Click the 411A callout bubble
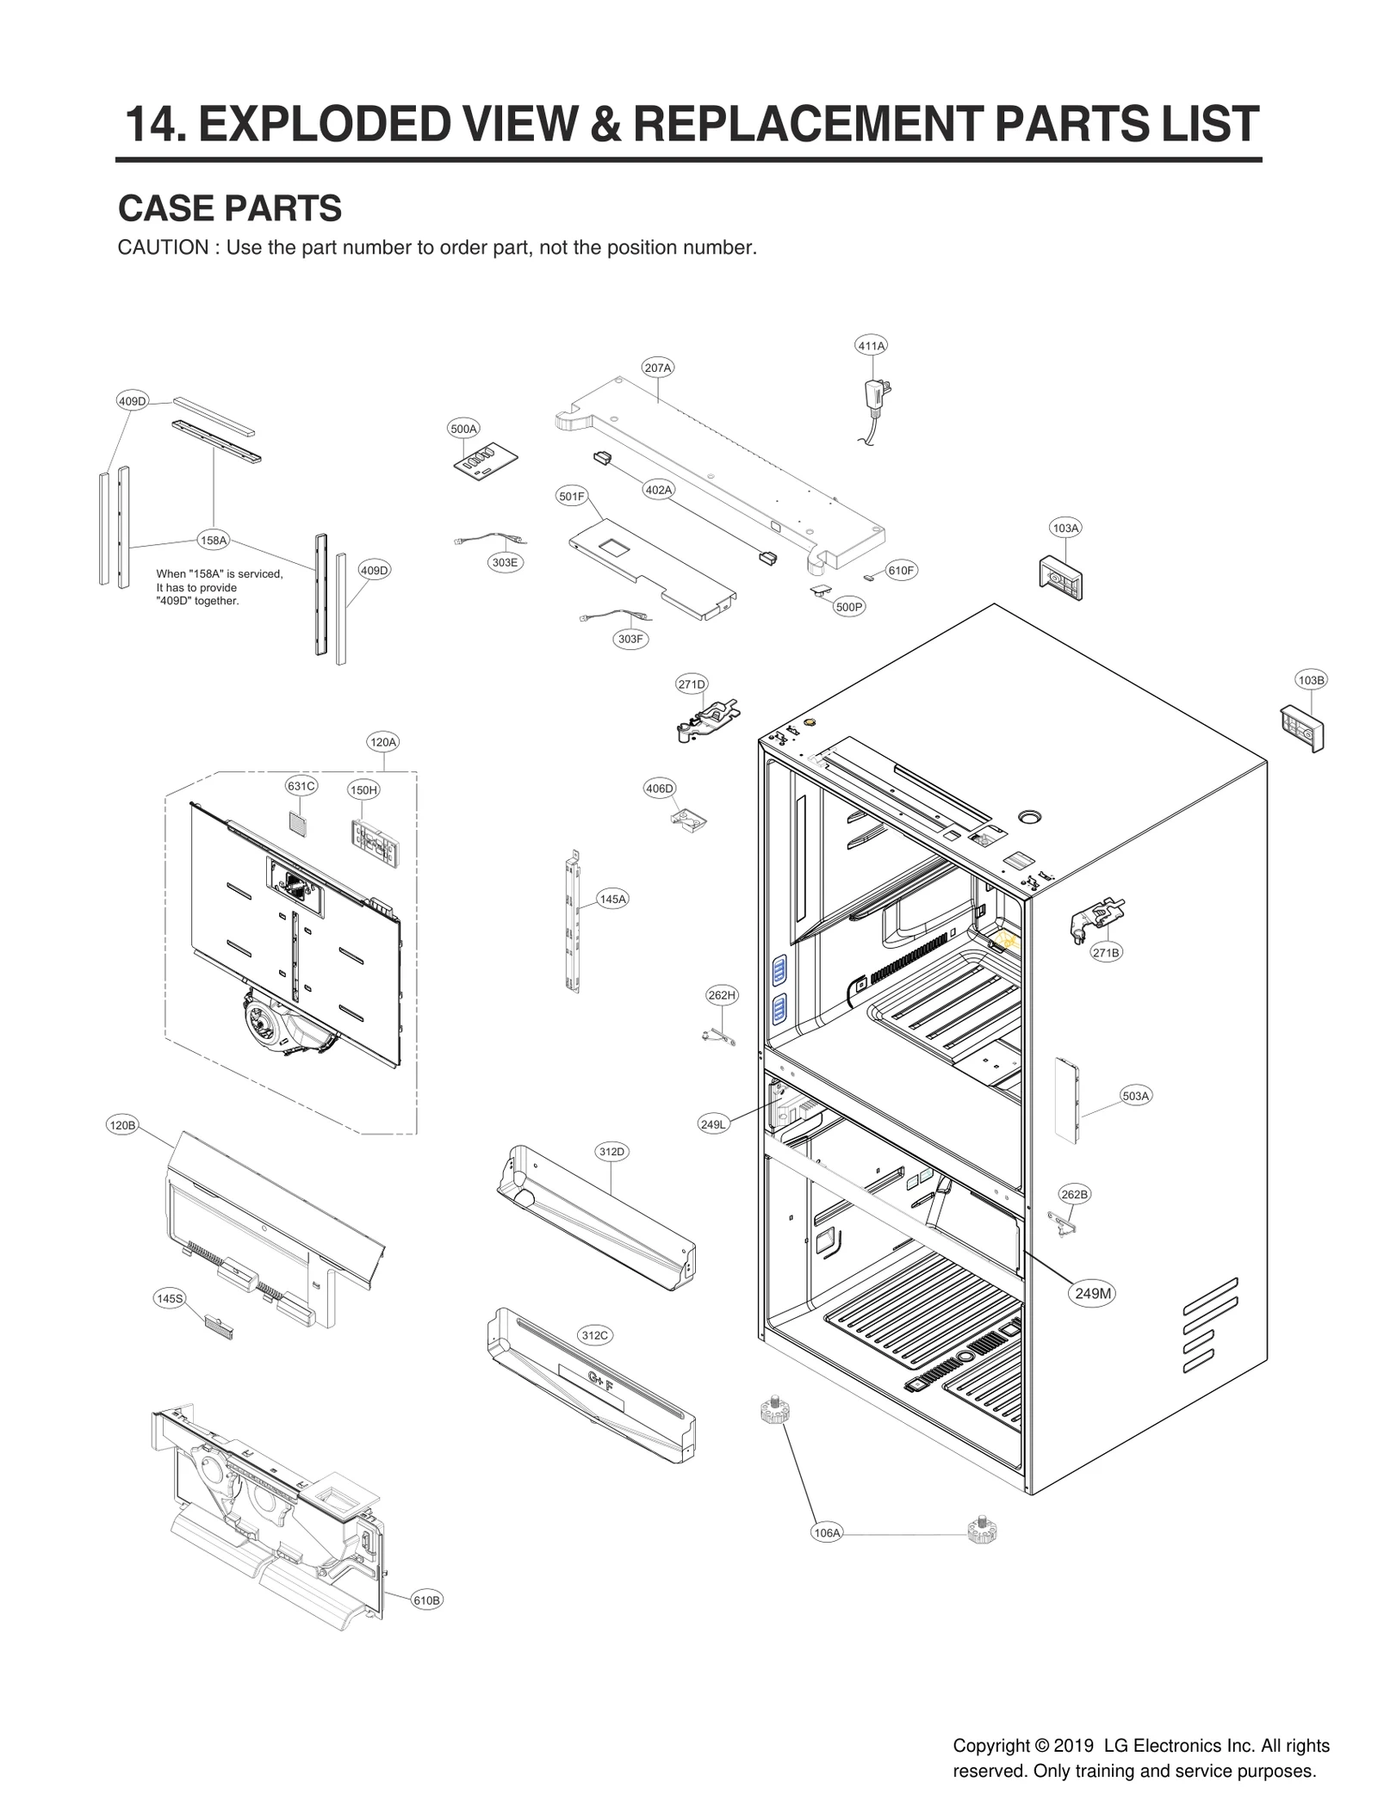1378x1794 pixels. (871, 346)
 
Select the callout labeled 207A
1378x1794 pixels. (657, 368)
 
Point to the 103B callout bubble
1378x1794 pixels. (1311, 680)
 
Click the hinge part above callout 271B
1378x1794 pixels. (1096, 918)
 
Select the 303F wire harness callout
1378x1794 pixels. (630, 639)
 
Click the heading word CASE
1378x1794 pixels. (167, 208)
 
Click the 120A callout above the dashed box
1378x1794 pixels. (383, 742)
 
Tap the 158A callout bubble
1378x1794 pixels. (214, 541)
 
